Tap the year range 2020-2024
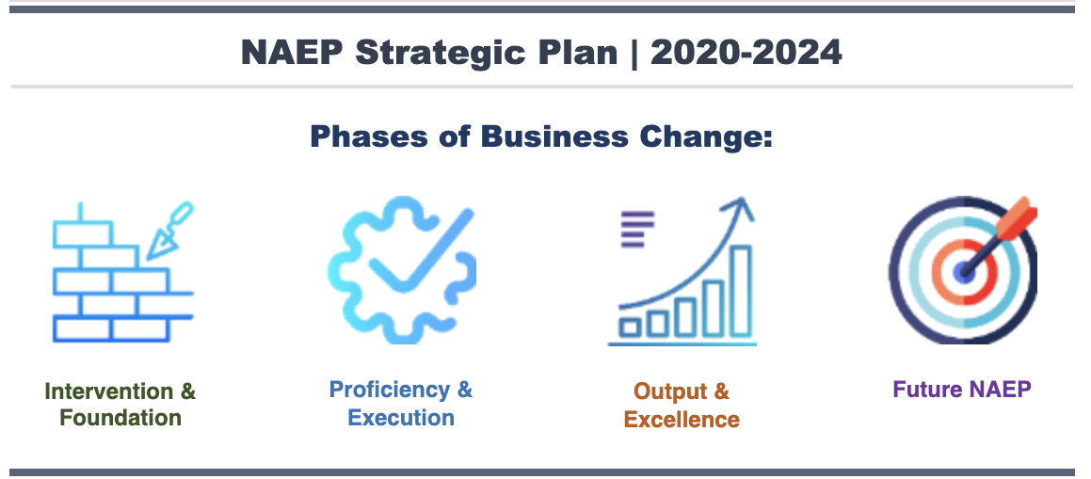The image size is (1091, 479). (746, 52)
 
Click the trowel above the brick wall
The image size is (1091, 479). (169, 231)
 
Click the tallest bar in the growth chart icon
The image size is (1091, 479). (740, 291)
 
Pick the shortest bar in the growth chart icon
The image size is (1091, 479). (631, 327)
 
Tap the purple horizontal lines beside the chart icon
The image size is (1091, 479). (637, 230)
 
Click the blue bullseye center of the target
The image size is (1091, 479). (964, 271)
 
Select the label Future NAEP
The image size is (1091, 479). (962, 389)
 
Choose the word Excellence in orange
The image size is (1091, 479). (682, 420)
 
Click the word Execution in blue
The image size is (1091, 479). (401, 418)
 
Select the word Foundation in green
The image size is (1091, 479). (120, 418)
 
